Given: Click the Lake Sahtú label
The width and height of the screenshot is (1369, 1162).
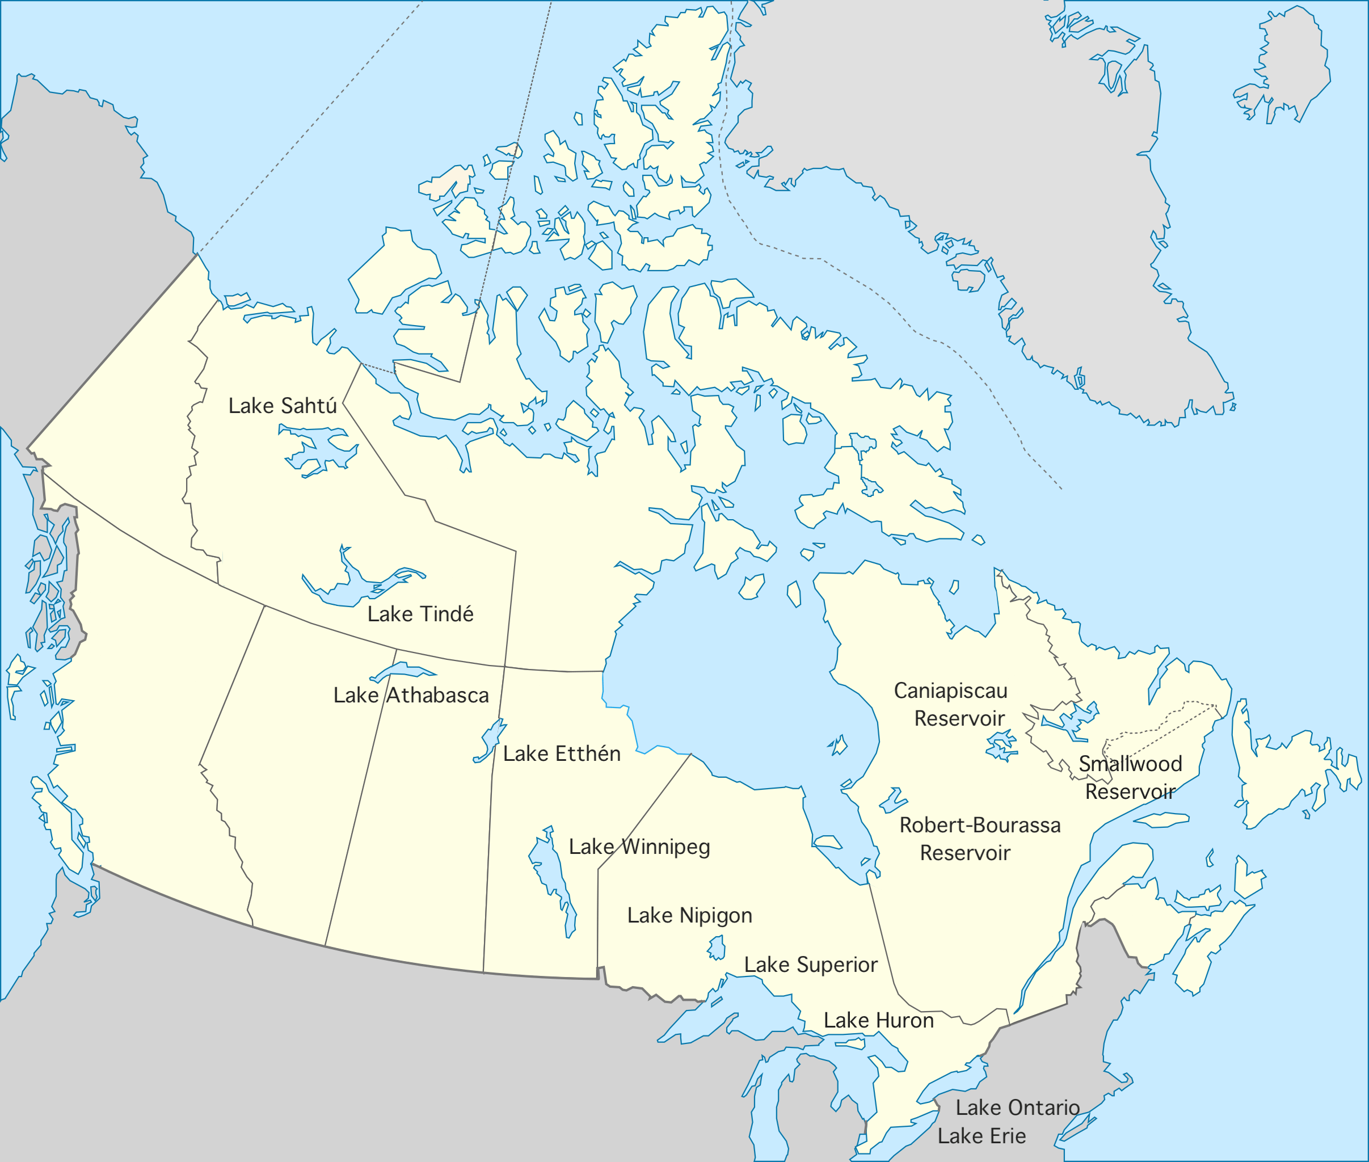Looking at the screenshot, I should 282,406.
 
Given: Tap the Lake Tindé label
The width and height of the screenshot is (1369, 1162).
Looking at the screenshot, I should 420,614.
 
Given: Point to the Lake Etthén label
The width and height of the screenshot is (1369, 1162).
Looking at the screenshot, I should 561,753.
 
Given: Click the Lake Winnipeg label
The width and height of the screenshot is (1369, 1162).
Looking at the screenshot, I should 639,847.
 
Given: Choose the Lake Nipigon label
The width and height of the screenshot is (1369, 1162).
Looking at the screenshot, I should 689,915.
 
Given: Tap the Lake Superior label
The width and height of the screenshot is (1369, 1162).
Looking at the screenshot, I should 810,965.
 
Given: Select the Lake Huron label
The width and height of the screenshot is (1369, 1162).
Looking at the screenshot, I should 878,1020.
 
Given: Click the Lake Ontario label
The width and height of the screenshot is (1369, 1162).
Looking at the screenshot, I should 1017,1108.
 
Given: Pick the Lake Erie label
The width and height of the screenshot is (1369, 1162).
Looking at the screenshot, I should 981,1136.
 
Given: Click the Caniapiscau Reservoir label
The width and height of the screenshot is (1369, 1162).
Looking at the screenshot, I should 951,704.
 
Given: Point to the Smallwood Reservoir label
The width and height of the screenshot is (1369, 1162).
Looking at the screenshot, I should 1130,777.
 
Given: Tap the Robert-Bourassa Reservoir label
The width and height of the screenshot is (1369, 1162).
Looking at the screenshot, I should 980,839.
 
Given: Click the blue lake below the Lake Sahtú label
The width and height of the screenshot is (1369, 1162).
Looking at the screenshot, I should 316,448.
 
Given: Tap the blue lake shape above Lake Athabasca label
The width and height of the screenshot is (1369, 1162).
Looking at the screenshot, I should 402,671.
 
